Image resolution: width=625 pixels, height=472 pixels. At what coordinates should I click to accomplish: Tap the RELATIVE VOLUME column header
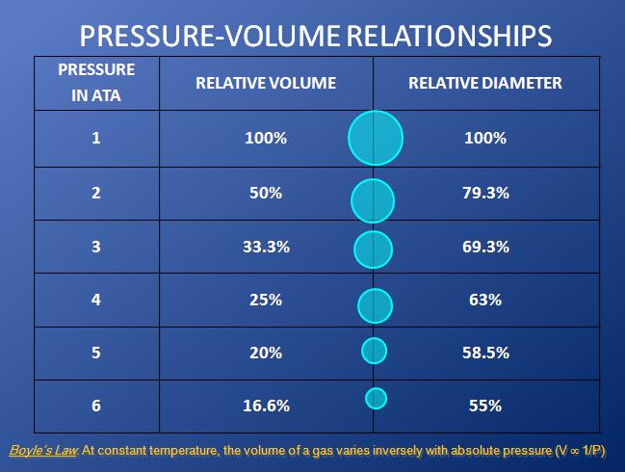(x=266, y=83)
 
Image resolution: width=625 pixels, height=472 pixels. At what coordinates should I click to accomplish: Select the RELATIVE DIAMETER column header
(x=484, y=83)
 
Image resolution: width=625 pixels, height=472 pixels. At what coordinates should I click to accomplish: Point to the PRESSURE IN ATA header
(x=96, y=83)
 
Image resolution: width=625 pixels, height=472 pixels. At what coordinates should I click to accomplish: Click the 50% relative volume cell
(x=266, y=194)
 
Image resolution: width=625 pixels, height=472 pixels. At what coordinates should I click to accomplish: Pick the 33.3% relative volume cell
(x=266, y=247)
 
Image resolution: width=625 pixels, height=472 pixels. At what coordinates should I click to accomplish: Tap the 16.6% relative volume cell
(x=266, y=406)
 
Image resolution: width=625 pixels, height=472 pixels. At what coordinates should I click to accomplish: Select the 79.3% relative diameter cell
(x=485, y=194)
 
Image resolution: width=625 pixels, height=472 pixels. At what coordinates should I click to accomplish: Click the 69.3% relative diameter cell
(x=485, y=247)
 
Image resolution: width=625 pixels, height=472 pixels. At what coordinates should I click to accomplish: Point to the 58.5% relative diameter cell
(x=485, y=353)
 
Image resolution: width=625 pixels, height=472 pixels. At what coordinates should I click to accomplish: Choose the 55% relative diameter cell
(x=485, y=406)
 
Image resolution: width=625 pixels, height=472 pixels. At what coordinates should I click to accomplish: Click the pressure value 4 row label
(x=96, y=300)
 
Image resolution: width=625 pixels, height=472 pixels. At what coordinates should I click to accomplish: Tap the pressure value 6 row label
(x=96, y=406)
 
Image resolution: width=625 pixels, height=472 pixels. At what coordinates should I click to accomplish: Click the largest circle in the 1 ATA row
(x=375, y=138)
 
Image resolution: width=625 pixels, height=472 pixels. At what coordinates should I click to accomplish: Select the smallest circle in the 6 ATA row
(x=376, y=397)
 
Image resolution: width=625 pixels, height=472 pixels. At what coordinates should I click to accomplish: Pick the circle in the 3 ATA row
(x=374, y=249)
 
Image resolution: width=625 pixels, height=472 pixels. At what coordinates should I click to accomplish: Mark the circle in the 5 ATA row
(x=374, y=350)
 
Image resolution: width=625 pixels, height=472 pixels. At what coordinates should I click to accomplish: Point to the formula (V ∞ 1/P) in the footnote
(x=586, y=451)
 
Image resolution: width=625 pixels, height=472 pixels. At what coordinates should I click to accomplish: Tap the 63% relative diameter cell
(x=485, y=300)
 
